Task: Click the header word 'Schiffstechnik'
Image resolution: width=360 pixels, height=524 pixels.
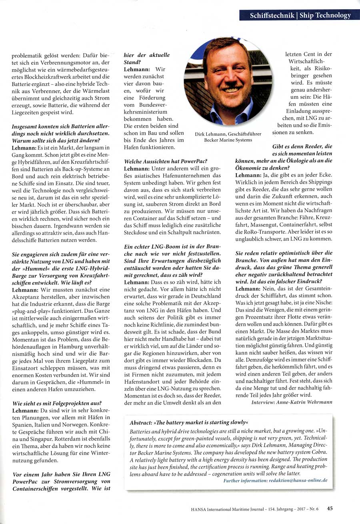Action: click(x=270, y=16)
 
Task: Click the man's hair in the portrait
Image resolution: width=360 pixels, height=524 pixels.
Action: click(x=224, y=46)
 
